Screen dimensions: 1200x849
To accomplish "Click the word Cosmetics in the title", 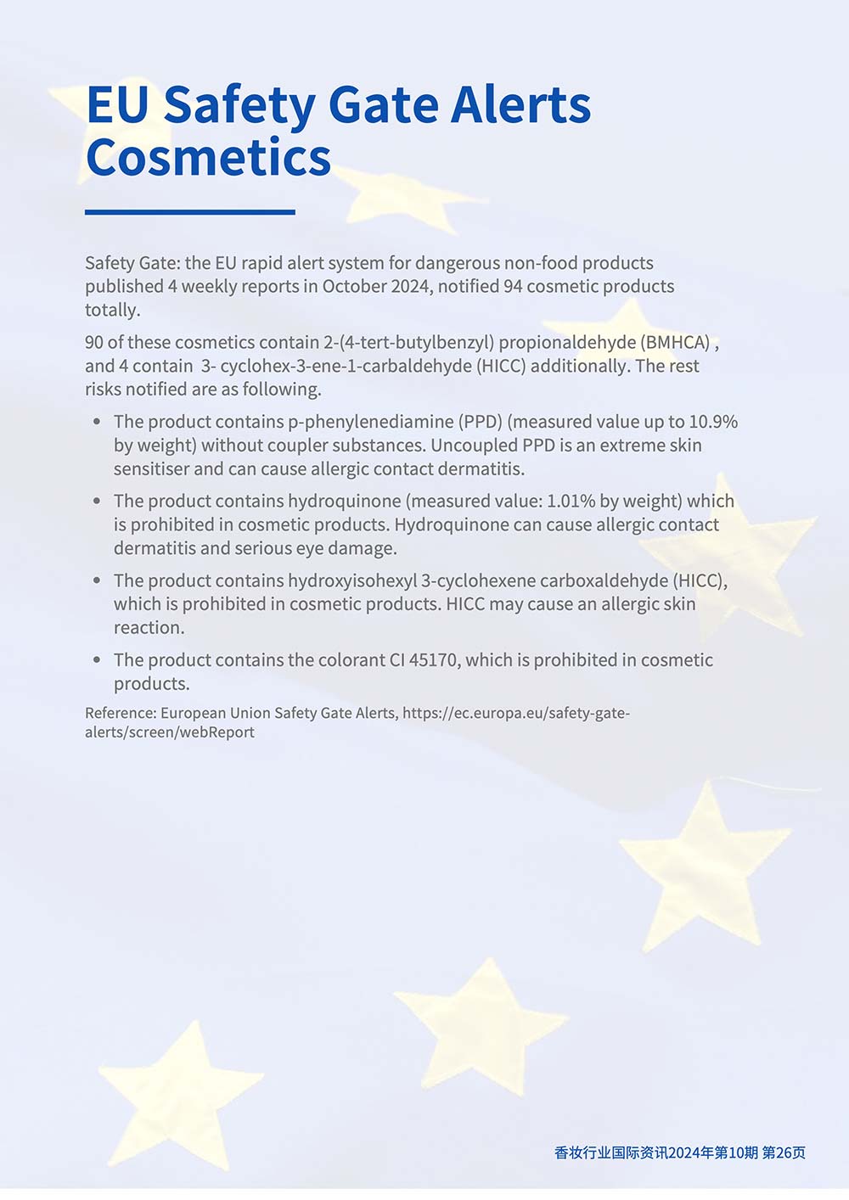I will pyautogui.click(x=208, y=158).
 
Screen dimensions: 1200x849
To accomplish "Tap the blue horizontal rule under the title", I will pyautogui.click(x=190, y=212).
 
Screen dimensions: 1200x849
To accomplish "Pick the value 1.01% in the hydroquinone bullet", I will pyautogui.click(x=571, y=502).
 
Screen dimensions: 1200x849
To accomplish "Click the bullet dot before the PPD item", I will pyautogui.click(x=97, y=422).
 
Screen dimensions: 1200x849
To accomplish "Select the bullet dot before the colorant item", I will pyautogui.click(x=97, y=660).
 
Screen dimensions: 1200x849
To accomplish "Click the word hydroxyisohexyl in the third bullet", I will pyautogui.click(x=352, y=580).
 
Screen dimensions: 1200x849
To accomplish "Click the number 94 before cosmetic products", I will pyautogui.click(x=513, y=286).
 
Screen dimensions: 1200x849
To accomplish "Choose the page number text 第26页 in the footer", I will pyautogui.click(x=784, y=1152).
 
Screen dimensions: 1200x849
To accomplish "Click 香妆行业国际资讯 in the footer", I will pyautogui.click(x=610, y=1152).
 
